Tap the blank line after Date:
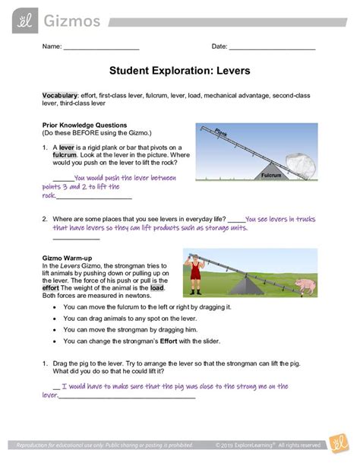(x=272, y=47)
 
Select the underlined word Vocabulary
(x=60, y=95)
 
